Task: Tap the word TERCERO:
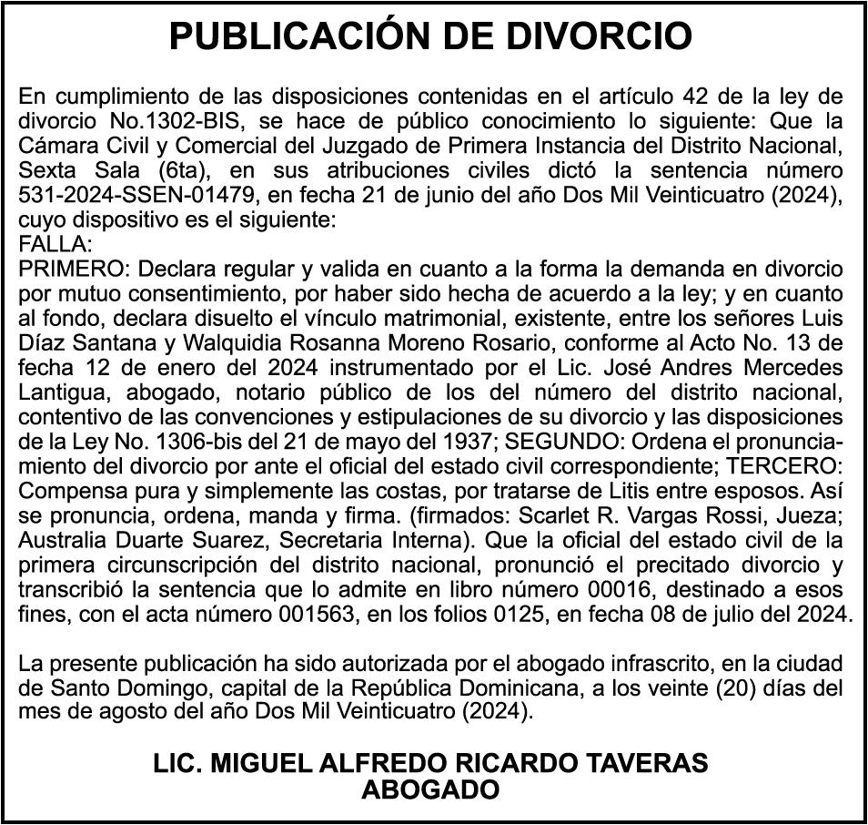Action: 790,465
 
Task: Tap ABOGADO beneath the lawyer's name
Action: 430,789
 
